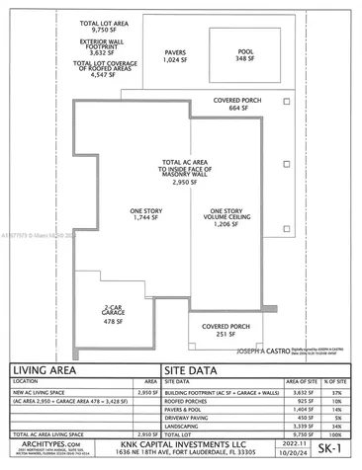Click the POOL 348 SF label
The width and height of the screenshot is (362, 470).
tap(245, 56)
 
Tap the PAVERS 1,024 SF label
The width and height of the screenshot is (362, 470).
tap(174, 56)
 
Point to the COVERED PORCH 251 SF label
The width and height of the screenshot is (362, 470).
tap(224, 330)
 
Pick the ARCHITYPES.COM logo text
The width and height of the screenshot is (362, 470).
tap(44, 445)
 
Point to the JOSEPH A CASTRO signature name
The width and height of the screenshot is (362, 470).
tap(260, 350)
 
